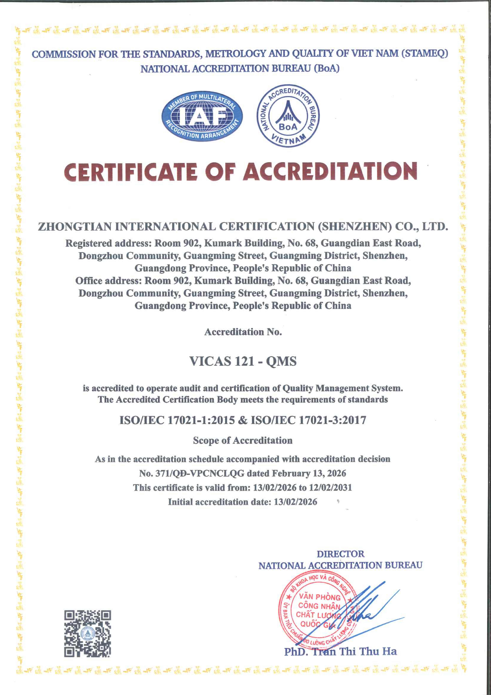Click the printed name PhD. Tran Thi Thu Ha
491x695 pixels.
[340, 651]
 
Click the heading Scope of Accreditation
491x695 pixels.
[243, 440]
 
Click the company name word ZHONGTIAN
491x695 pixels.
[74, 226]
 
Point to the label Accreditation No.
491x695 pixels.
[243, 332]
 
